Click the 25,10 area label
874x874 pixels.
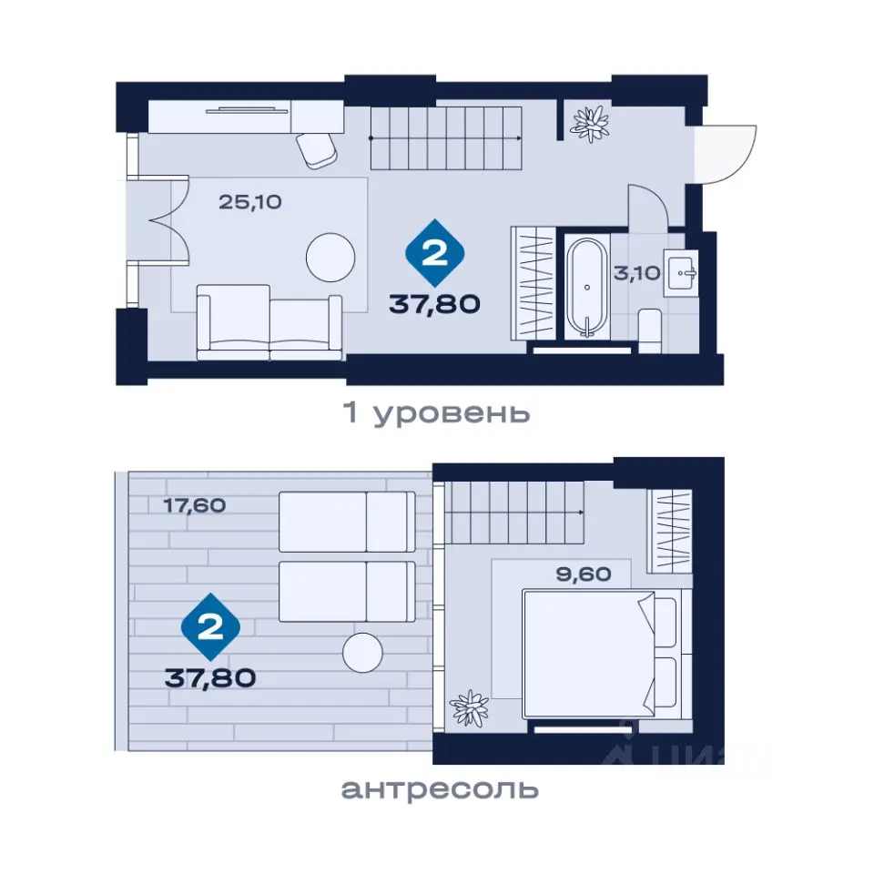(250, 202)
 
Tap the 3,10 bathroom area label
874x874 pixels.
(637, 273)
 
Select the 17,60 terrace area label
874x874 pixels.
(195, 505)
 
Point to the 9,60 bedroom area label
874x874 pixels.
(584, 574)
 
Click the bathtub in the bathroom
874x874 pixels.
(587, 287)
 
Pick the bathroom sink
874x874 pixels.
(681, 273)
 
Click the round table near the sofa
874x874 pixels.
(330, 258)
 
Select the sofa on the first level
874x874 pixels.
(269, 322)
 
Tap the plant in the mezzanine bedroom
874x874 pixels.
(470, 708)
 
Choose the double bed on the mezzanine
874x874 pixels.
(600, 655)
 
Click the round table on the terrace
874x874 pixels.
(363, 652)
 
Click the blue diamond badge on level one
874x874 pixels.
(435, 254)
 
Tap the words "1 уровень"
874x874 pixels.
(436, 413)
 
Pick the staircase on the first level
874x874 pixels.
(446, 137)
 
